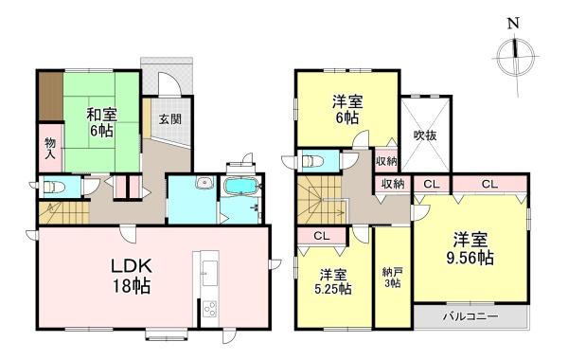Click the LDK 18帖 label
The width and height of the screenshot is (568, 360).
132,277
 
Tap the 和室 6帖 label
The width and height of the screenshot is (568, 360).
101,122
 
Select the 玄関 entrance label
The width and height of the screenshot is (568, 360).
170,118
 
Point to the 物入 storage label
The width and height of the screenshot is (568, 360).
50,149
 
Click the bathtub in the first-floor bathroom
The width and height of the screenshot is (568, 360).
241,187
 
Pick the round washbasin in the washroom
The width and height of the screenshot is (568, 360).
204,183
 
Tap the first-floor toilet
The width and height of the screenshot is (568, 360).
53,187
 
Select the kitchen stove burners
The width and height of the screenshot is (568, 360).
210,309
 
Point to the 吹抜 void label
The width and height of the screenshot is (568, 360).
426,135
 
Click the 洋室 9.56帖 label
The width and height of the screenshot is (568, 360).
470,249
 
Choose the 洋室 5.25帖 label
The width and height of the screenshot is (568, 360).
333,281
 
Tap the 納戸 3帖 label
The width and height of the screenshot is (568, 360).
392,278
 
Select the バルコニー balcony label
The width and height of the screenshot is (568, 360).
470,316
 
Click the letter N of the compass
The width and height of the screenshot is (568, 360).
513,24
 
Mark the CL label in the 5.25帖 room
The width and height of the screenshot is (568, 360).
322,237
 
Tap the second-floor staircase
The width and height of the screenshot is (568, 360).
320,200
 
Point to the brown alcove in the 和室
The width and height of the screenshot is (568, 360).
51,97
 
